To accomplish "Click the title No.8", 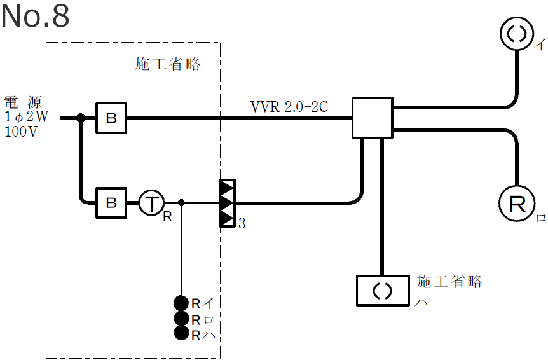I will [x=36, y=17].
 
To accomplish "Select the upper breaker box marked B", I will [x=111, y=118].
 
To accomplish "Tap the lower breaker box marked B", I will [x=111, y=203].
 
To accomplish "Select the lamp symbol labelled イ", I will [x=518, y=35].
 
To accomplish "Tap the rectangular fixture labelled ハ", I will [x=381, y=290].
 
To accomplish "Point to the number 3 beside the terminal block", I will [x=242, y=223].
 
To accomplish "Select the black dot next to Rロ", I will [x=182, y=319].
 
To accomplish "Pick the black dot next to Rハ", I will [x=182, y=333].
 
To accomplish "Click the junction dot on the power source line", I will [x=81, y=118].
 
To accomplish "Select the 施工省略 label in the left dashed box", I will [x=168, y=64].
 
